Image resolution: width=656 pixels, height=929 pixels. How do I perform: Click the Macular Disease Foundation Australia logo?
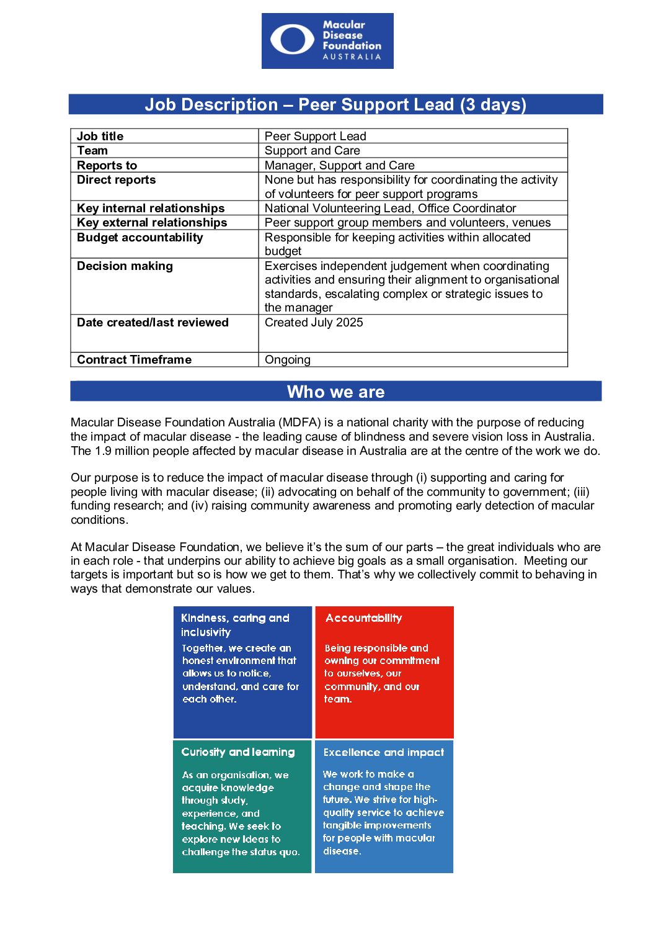pos(327,41)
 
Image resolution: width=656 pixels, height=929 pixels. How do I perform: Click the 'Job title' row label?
pos(100,136)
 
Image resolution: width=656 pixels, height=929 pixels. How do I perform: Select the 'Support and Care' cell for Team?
pos(312,151)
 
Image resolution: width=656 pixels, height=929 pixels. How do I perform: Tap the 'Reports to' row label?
pos(107,165)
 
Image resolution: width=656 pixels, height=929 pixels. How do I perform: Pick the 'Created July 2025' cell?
pos(314,323)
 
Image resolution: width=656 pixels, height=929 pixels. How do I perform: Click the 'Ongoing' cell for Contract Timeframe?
pos(288,360)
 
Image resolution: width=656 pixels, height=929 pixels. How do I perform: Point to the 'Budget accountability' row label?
pos(140,238)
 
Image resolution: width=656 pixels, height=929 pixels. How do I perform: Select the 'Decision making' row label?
pos(125,266)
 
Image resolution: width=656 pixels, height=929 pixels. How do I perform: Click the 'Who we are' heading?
pos(335,392)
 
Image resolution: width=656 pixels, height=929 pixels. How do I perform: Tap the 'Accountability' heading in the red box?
pos(364,618)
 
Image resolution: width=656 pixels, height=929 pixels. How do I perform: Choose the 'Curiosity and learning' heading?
pos(238,752)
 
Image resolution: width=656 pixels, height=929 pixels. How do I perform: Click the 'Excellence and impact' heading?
pos(383,752)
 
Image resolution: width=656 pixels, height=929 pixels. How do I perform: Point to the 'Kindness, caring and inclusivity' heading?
pos(234,625)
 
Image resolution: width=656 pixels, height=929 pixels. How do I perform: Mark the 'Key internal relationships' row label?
pos(151,209)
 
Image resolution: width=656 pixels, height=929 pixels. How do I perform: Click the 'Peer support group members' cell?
pos(407,223)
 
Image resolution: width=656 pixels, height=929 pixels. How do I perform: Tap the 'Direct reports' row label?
pos(116,180)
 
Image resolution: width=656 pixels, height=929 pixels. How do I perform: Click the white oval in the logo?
pos(292,40)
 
